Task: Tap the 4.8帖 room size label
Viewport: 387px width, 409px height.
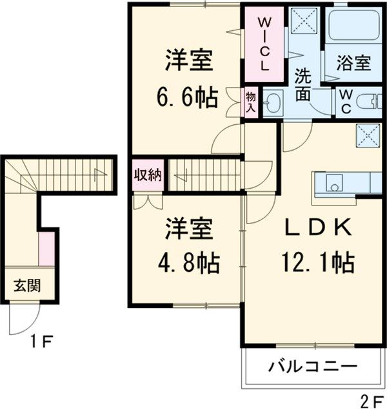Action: coord(189,263)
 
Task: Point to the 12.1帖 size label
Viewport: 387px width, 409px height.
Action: coord(316,263)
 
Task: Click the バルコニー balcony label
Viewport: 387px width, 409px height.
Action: coord(312,367)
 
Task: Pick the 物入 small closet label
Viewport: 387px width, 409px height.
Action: coord(251,102)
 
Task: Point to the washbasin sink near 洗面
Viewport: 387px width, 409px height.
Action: coord(273,102)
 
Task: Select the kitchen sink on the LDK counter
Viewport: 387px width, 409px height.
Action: coord(333,182)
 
